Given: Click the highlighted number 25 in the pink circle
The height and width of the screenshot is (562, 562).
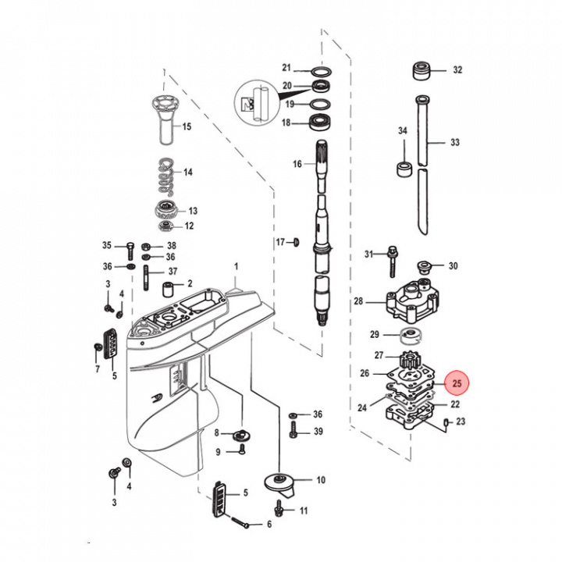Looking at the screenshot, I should coord(457,384).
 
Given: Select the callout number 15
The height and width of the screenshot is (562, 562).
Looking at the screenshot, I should coord(187,126).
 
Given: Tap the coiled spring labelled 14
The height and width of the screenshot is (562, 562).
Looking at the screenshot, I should coord(164,176).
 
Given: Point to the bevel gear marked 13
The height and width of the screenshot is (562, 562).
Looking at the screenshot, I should coord(165,209).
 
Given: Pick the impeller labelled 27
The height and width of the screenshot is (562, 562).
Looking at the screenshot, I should coord(410,361).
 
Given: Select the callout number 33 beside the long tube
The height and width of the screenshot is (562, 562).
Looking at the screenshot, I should coord(456,143).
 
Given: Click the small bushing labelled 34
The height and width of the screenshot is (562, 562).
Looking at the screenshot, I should coord(404,169).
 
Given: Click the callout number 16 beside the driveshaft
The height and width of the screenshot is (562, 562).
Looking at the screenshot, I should coord(297,164).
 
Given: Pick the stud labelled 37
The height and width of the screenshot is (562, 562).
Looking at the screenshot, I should coord(146,276).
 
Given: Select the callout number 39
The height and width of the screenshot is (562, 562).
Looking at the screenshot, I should coord(318,432).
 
